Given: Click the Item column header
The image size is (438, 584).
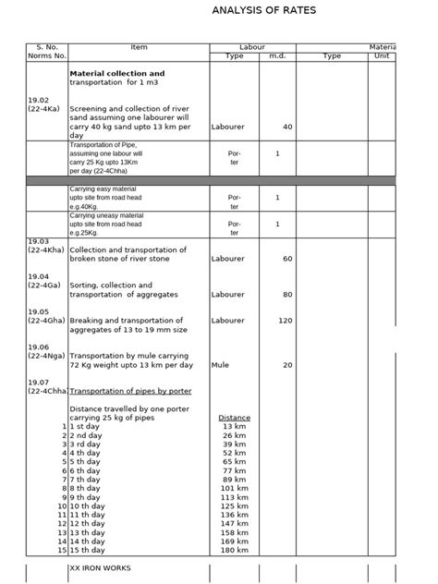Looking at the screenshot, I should click(139, 46).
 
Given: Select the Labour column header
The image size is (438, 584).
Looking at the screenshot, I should click(252, 46).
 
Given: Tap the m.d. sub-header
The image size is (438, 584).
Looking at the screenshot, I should click(277, 55).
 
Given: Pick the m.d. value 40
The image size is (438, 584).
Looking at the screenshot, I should click(287, 127).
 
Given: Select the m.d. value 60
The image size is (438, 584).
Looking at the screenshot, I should click(287, 259).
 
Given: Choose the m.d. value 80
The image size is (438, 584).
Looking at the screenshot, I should click(287, 294).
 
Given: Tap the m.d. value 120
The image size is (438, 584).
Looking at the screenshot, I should click(285, 320).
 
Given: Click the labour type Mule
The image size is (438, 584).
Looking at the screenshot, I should click(220, 365).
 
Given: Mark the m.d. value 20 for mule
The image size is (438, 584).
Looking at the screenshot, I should click(287, 365).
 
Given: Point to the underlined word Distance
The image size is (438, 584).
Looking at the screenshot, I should click(234, 418).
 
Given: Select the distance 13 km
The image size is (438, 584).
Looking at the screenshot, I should click(234, 427).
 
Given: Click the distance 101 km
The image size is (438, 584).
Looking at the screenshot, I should click(234, 489).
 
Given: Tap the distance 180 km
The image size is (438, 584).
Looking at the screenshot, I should click(234, 550).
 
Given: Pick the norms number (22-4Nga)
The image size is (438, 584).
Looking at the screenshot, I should click(47, 355).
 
